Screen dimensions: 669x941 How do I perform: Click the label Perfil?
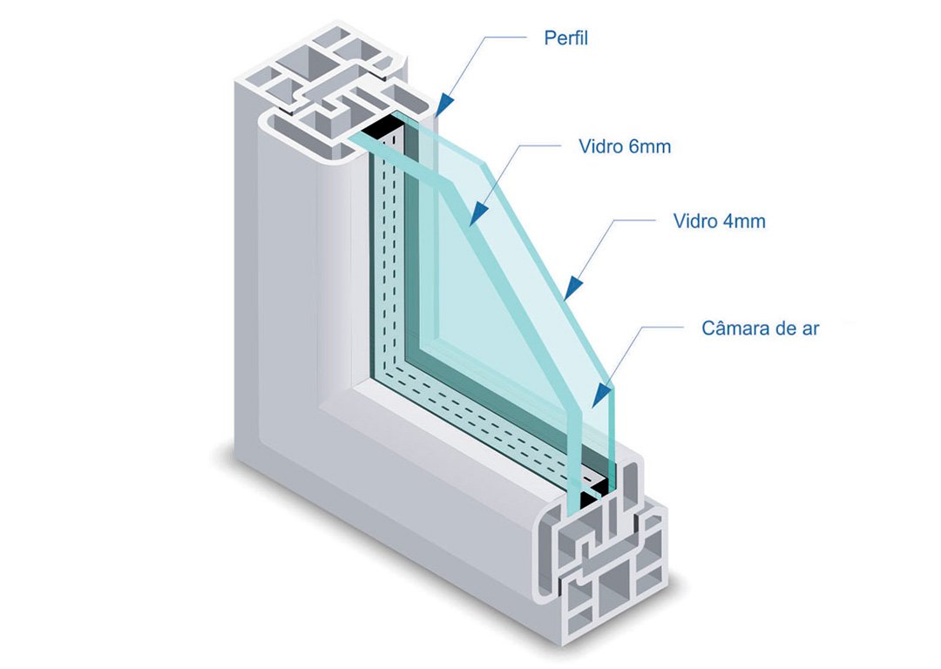(565, 39)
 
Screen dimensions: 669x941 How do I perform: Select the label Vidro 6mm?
(625, 146)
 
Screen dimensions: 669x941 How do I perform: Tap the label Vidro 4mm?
(719, 221)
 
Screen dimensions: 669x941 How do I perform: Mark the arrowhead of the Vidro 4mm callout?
(571, 287)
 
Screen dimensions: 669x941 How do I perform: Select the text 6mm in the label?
(650, 146)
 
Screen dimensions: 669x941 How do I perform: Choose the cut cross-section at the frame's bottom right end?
(601, 566)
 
